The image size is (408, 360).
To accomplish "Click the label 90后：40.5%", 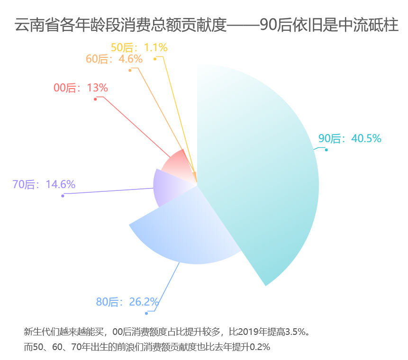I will point(350,138).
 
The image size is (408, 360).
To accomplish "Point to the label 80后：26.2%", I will point(127,302).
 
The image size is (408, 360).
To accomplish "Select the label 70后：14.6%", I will point(44,184).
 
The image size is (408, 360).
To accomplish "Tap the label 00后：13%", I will point(81,88).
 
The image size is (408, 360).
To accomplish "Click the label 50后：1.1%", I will point(139,47).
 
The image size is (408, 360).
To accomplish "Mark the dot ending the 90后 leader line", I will point(326,150).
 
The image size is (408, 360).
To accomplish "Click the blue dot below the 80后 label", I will point(146,313).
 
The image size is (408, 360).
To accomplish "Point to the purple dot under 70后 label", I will point(63,196).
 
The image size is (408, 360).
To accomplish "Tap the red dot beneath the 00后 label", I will point(95,99).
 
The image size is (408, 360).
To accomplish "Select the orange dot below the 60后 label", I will point(129,71).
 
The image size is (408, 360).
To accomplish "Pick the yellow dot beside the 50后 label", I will point(155,59).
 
